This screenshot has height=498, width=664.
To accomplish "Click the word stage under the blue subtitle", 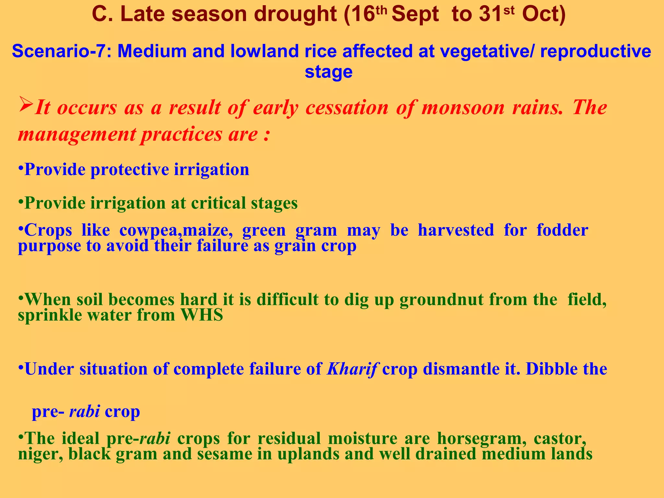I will click(328, 72).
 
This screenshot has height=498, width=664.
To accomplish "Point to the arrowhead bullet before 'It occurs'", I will click(26, 104).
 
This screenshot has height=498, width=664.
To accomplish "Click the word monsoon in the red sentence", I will click(463, 108).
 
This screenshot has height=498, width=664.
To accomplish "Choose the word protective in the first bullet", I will click(130, 170).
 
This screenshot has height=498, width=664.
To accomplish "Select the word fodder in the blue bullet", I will click(562, 230).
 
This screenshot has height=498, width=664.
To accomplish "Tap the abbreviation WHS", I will click(202, 315).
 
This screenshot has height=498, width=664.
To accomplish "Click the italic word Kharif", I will click(352, 369).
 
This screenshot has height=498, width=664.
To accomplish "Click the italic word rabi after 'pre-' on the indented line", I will click(84, 411).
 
